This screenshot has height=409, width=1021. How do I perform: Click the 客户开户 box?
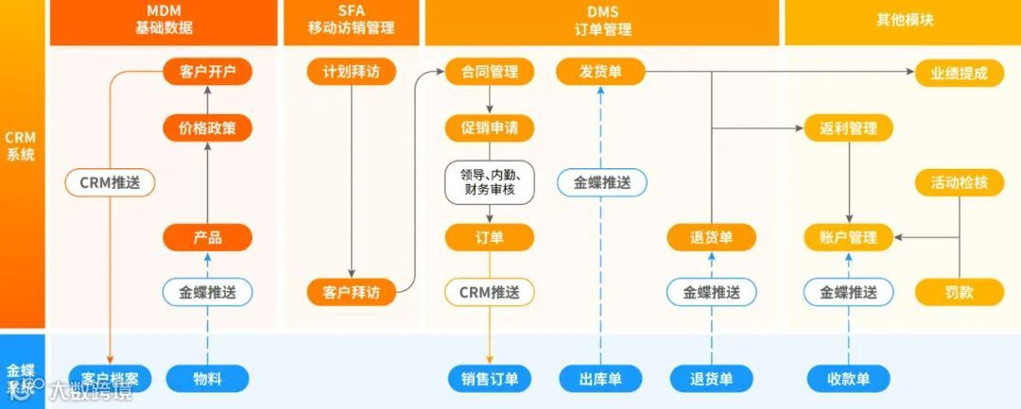click(207, 73)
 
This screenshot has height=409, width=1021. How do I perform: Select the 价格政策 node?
click(207, 128)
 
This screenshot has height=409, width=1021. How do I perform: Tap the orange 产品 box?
click(207, 237)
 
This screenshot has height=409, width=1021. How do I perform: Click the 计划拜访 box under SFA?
click(352, 73)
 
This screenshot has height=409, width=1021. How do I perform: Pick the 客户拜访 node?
click(352, 292)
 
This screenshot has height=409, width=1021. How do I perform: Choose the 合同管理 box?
click(490, 73)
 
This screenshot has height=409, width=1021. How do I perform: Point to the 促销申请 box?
click(490, 128)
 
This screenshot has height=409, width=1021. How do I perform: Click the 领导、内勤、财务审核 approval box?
click(490, 182)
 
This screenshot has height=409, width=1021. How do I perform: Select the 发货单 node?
click(600, 73)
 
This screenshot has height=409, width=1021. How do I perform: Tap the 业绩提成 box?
click(959, 73)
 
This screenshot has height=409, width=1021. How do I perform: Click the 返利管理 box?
click(849, 128)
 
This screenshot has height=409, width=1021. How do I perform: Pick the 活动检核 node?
click(959, 182)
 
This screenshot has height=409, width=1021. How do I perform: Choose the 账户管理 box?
click(849, 237)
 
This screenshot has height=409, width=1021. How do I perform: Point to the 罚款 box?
click(959, 292)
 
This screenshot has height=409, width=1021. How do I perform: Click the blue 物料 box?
click(207, 379)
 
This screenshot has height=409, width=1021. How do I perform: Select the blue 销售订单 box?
click(490, 379)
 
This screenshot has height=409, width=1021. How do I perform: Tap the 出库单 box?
click(600, 379)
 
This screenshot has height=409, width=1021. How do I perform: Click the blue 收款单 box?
click(849, 379)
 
